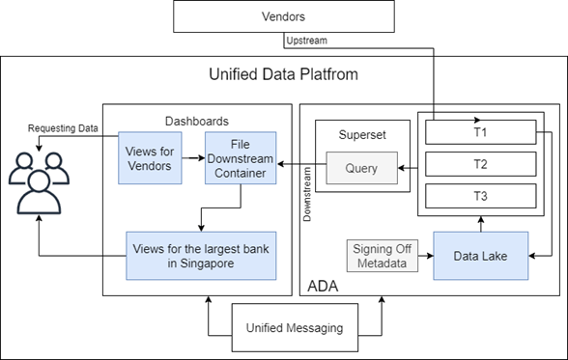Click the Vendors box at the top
[x=284, y=16]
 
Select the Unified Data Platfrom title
[x=285, y=74]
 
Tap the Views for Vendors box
[x=149, y=157]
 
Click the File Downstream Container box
[x=240, y=157]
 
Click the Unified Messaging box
[x=295, y=328]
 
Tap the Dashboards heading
[x=196, y=121]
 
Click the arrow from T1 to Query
[x=410, y=170]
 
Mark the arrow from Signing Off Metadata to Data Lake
[x=426, y=256]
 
